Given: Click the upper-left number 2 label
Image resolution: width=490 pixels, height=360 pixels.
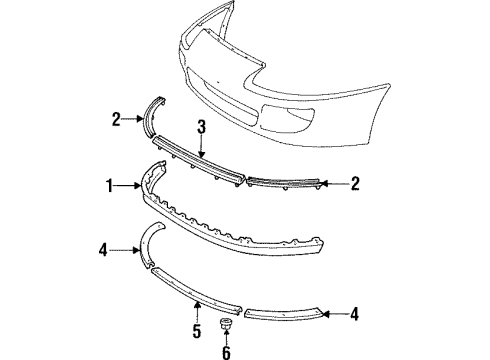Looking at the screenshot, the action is point(115,119).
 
